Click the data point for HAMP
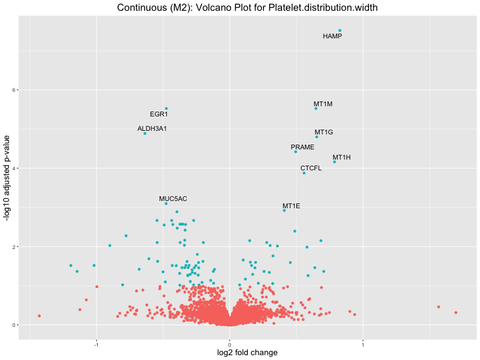coord(340,30)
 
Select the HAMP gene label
coord(332,37)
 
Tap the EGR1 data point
coord(166,109)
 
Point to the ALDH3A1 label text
coord(152,128)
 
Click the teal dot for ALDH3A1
coord(145,133)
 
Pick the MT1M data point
coord(316,109)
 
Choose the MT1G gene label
coord(323,132)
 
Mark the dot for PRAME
coord(296,152)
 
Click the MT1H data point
coord(334,162)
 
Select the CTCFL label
coord(311,168)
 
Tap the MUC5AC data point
coord(166,203)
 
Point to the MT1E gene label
coord(291,206)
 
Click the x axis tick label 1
coord(363,344)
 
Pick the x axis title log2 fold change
coord(247,353)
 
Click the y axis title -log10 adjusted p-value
coord(7,178)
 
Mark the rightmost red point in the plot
coord(456,313)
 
